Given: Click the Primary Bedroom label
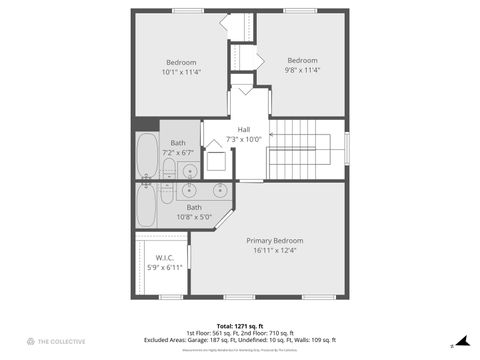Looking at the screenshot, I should [274, 241].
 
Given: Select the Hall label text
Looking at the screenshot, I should [244, 129].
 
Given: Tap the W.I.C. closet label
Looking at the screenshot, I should [165, 257].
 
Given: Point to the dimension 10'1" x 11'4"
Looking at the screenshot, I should [181, 72].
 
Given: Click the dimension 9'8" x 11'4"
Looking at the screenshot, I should [302, 70].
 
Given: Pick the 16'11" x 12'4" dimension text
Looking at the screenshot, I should [274, 250].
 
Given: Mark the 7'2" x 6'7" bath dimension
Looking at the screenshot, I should [178, 153].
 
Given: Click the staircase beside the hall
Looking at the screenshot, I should [307, 149].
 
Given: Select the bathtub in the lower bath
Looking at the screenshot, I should [146, 206].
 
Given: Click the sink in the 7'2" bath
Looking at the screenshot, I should [191, 171].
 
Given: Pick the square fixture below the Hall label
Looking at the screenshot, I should [216, 162].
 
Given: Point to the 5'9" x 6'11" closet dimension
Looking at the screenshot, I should [165, 267].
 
